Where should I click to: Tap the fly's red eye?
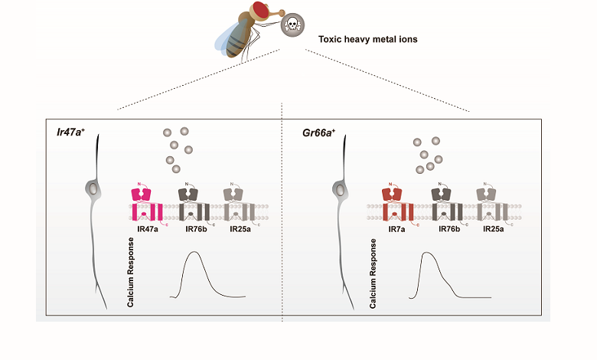click(x=261, y=11)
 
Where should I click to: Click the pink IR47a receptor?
click(x=145, y=204)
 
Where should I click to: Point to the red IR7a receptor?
click(x=397, y=204)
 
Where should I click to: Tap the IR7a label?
click(x=397, y=230)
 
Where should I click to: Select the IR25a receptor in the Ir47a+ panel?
click(x=237, y=204)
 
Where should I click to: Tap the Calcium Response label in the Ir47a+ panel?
click(x=132, y=272)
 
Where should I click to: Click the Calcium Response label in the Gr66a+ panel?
click(x=373, y=272)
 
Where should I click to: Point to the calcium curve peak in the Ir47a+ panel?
click(x=194, y=254)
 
